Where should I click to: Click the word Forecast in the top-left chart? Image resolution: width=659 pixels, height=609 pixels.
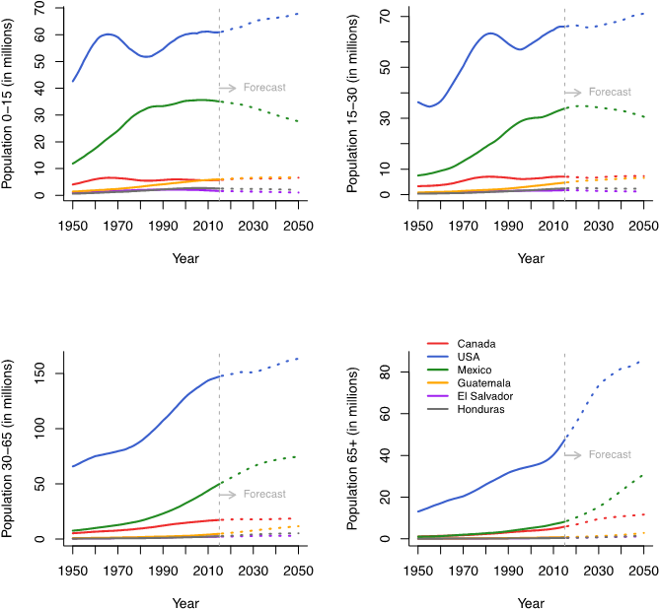(264, 88)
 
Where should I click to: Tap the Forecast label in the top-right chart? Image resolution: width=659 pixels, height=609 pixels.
(610, 92)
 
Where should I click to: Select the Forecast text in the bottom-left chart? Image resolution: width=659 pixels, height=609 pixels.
(264, 494)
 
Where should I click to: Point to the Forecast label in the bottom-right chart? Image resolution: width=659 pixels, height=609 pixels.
(610, 454)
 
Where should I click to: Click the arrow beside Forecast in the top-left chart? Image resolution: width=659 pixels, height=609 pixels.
(227, 88)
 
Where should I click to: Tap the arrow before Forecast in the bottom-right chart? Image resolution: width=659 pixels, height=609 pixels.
(572, 454)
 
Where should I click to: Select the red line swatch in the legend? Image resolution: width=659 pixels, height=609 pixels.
(437, 344)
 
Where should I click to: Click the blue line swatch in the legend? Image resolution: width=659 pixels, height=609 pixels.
(437, 357)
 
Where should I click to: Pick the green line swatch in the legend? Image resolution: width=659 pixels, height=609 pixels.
(437, 370)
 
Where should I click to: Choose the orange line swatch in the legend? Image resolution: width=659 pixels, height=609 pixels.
(437, 382)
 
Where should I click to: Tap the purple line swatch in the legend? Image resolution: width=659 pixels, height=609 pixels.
(437, 395)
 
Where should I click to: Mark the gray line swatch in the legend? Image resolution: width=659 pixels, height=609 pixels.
(437, 408)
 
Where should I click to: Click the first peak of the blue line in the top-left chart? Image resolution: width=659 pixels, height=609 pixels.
(108, 34)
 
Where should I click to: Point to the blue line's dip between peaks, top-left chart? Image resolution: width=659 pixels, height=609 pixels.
(146, 56)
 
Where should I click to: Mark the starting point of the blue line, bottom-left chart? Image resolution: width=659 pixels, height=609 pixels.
(72, 466)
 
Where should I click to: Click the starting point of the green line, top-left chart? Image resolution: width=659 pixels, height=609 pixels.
(72, 164)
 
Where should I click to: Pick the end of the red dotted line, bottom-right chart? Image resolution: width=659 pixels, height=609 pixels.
(643, 514)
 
